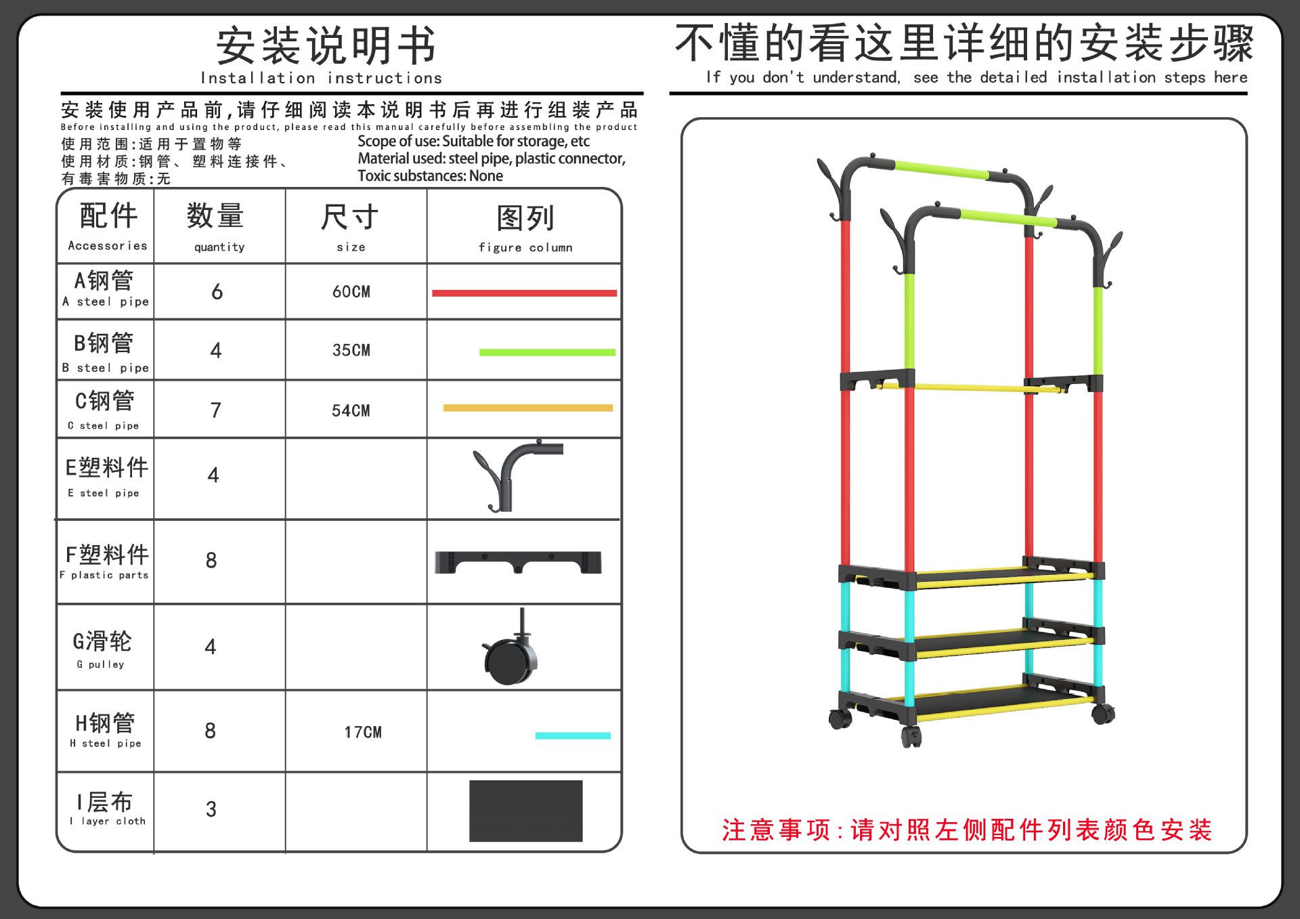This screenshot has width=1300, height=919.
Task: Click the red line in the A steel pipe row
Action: click(x=524, y=293)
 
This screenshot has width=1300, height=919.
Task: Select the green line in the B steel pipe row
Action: click(x=547, y=352)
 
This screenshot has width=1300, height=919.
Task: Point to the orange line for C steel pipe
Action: click(x=527, y=408)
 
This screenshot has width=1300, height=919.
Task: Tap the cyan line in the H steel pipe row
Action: click(x=573, y=735)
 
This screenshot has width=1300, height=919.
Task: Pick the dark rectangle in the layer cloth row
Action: click(x=525, y=811)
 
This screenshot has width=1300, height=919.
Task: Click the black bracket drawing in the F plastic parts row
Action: click(x=518, y=562)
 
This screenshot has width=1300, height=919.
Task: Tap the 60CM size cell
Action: click(x=351, y=292)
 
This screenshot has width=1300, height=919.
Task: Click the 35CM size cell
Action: click(x=351, y=350)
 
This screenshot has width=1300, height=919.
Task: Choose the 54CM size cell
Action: click(x=351, y=410)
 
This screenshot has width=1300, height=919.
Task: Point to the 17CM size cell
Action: click(x=363, y=732)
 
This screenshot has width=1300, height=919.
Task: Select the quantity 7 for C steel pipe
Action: click(x=215, y=410)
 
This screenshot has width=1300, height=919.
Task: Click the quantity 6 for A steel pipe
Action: click(x=217, y=292)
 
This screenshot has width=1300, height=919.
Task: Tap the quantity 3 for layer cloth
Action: click(x=211, y=809)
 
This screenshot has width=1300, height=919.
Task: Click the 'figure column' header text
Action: click(x=525, y=247)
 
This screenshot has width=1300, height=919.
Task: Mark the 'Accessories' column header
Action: click(x=108, y=246)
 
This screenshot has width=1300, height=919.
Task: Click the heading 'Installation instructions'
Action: click(x=321, y=78)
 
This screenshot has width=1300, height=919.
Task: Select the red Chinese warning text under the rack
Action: click(x=967, y=830)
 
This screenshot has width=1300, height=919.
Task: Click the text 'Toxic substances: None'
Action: click(x=430, y=176)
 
